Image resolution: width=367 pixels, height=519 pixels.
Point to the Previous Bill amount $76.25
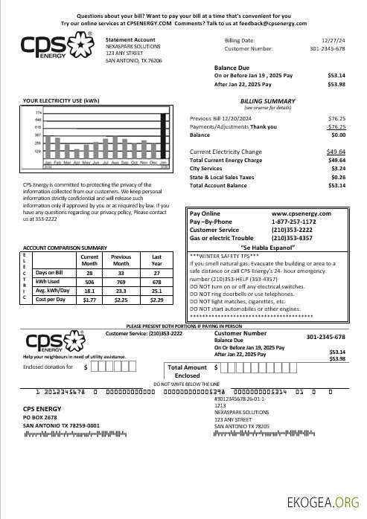336,118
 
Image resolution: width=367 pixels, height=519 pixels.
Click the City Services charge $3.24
336,169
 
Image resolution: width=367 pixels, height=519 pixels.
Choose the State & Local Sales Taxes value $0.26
337,177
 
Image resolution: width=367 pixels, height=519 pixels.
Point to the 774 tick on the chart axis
38,112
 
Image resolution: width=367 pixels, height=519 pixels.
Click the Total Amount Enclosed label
188,371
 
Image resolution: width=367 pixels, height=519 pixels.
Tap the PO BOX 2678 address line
40,418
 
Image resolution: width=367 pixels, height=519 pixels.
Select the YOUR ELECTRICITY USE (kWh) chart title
61,100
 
